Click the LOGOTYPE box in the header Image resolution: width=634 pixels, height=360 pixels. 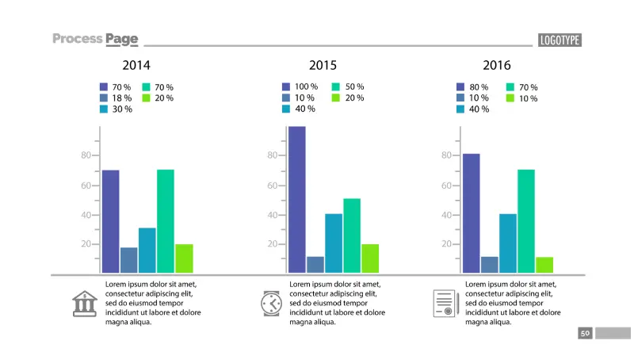click(x=560, y=40)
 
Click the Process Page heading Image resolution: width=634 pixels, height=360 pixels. click(x=95, y=39)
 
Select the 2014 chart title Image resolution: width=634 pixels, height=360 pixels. click(x=136, y=65)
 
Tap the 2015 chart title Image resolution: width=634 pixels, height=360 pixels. click(x=323, y=65)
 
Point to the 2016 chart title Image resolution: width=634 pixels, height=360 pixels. click(x=497, y=65)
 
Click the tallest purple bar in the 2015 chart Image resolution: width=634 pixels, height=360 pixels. click(x=296, y=199)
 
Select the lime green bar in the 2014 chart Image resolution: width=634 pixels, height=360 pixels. click(x=184, y=259)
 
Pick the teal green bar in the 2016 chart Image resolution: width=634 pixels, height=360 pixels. click(x=525, y=221)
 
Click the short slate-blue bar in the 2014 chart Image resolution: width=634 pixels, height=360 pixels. click(x=128, y=260)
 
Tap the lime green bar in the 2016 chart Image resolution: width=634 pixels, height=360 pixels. click(x=544, y=265)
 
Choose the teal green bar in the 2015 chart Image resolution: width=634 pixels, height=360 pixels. click(x=352, y=236)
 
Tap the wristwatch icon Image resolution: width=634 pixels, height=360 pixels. click(x=271, y=304)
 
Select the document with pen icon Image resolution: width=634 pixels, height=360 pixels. click(x=445, y=304)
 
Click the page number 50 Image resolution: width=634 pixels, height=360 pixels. click(x=585, y=334)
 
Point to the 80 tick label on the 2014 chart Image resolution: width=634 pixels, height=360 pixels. click(x=86, y=155)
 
